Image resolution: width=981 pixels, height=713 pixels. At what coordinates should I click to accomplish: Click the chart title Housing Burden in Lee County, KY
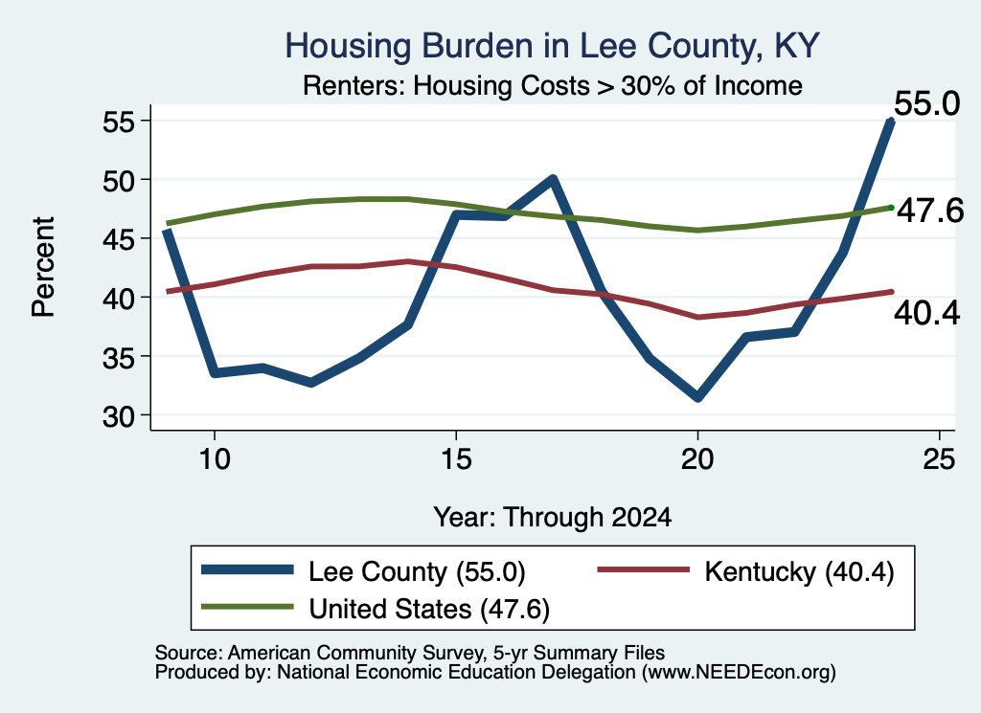coord(552,46)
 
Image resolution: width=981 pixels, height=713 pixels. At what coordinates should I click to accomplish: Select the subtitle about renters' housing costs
coord(553,85)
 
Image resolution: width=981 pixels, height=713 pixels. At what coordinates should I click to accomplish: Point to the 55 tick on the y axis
coord(119,122)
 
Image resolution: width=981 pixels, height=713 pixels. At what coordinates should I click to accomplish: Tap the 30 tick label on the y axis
coord(119,416)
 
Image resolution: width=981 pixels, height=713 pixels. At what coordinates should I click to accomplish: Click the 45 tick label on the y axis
coord(119,239)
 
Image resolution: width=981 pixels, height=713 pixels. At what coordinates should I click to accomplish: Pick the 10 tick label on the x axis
coord(215,459)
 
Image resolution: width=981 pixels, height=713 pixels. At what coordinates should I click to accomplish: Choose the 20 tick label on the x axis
coord(697,459)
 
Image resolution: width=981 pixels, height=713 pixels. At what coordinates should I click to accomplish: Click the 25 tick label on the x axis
coord(939,459)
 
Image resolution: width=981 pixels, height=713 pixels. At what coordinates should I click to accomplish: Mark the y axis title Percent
coord(44,267)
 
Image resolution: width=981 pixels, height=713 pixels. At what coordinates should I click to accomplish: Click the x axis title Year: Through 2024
coord(553,518)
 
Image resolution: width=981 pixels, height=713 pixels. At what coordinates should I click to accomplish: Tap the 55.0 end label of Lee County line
coord(926,103)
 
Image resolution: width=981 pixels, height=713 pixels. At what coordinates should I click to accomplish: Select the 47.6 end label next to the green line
coord(930,211)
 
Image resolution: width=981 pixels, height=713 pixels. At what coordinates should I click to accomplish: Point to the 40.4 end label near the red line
coord(926,312)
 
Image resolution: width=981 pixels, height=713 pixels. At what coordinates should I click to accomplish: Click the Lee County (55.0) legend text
coord(418,571)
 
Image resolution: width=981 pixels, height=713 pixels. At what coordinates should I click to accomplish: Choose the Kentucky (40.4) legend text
coord(800,571)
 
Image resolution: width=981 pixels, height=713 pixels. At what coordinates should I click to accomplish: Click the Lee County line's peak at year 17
coord(553,180)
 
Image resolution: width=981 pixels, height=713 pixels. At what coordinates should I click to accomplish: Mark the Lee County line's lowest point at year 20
coord(697,397)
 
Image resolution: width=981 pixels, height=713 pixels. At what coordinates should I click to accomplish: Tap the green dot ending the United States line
coord(891,208)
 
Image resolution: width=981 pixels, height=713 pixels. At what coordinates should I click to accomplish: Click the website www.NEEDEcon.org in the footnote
coord(739,673)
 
